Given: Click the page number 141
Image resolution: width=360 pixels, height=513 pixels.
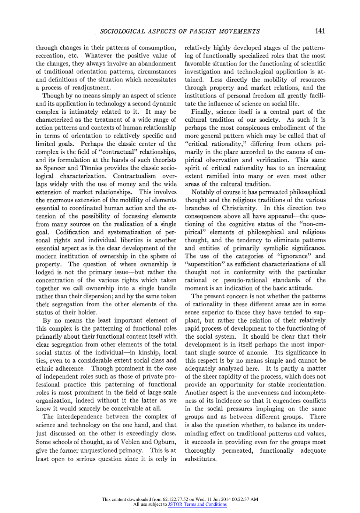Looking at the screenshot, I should point(320,31).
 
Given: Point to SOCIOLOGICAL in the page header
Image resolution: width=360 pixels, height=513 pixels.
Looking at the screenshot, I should point(121,32).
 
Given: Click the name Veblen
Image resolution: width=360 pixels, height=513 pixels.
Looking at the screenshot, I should point(130,442).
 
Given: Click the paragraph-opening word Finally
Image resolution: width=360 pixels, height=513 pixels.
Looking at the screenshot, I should point(202,112).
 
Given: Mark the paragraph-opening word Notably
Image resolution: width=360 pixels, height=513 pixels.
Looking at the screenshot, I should point(203,192).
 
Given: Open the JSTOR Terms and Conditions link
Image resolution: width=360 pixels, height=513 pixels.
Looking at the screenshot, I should point(197,505).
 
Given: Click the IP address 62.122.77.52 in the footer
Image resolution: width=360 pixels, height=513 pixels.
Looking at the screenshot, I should point(176,499).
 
